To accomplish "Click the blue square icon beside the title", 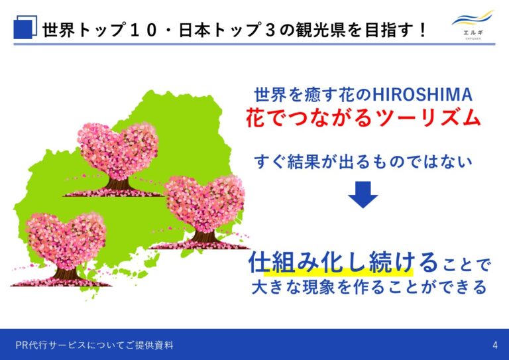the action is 25,27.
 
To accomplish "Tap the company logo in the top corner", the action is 473,25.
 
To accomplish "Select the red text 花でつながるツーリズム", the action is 363,117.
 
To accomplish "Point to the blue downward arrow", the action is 363,194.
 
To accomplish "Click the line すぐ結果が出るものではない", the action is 363,162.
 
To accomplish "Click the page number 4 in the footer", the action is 494,345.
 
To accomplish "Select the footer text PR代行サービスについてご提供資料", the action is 95,345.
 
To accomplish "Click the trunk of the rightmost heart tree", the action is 204,236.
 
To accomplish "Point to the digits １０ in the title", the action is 143,30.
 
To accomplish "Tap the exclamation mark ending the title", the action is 422,30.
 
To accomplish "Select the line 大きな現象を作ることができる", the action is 369,287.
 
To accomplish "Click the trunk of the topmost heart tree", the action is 119,184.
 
